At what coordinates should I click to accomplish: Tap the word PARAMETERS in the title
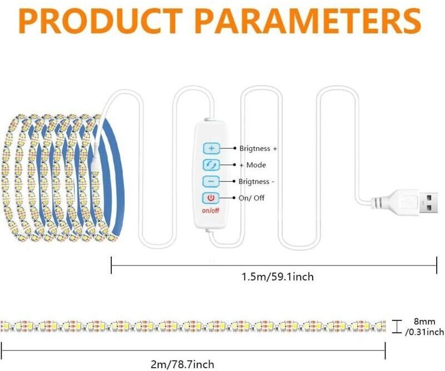click(x=310, y=21)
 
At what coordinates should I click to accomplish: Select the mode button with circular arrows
click(x=211, y=165)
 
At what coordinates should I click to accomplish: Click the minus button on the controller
click(x=211, y=181)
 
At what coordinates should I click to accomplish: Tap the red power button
click(x=211, y=198)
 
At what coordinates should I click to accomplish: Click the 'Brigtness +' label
click(x=258, y=148)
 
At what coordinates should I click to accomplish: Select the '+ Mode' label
click(x=253, y=165)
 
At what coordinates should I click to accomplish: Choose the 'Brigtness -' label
click(x=256, y=182)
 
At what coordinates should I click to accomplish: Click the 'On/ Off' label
click(x=251, y=198)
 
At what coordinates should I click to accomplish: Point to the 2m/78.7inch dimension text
click(x=182, y=364)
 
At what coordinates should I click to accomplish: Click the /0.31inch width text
click(x=424, y=332)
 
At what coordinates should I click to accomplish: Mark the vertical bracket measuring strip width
click(x=397, y=327)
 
